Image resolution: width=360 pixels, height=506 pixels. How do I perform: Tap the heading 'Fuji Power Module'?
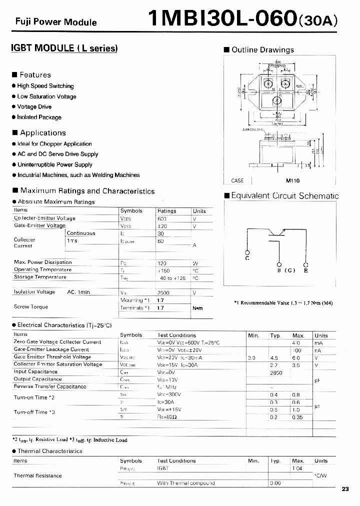[x=56, y=22]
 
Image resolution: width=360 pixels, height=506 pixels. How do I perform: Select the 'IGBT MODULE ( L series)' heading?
[x=64, y=49]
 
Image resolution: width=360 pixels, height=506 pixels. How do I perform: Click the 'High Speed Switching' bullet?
[x=45, y=86]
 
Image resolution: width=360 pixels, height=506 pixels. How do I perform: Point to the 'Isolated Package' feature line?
[x=39, y=117]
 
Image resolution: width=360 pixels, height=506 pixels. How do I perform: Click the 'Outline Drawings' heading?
[x=262, y=50]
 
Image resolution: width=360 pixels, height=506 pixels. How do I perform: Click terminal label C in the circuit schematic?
[x=247, y=258]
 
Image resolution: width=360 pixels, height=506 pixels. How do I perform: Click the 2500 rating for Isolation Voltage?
[x=164, y=292]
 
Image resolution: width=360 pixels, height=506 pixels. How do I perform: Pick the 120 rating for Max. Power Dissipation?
[x=162, y=263]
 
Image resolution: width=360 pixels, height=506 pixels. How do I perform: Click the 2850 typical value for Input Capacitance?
[x=276, y=372]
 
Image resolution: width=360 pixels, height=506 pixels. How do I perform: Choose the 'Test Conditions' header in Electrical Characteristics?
[x=176, y=335]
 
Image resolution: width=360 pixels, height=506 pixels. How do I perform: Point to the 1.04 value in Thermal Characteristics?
[x=297, y=468]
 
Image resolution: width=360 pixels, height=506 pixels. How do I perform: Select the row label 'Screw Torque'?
[x=31, y=306]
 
